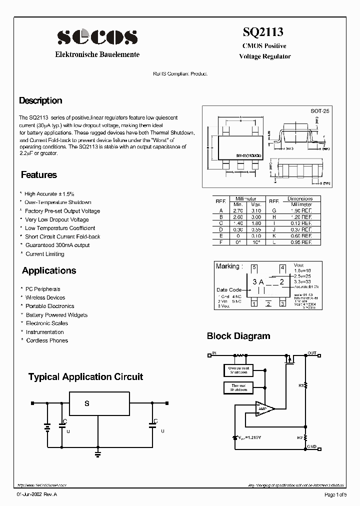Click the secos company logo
click(x=97, y=37)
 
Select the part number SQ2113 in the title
click(x=263, y=32)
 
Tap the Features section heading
click(x=39, y=175)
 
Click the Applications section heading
click(x=49, y=270)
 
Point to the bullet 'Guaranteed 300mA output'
click(x=57, y=245)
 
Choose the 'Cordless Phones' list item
click(x=47, y=340)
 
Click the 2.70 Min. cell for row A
click(x=238, y=211)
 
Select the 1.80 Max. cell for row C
click(x=256, y=223)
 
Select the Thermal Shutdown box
click(x=238, y=387)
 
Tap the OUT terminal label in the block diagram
click(x=312, y=353)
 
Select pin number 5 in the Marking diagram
click(x=254, y=267)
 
